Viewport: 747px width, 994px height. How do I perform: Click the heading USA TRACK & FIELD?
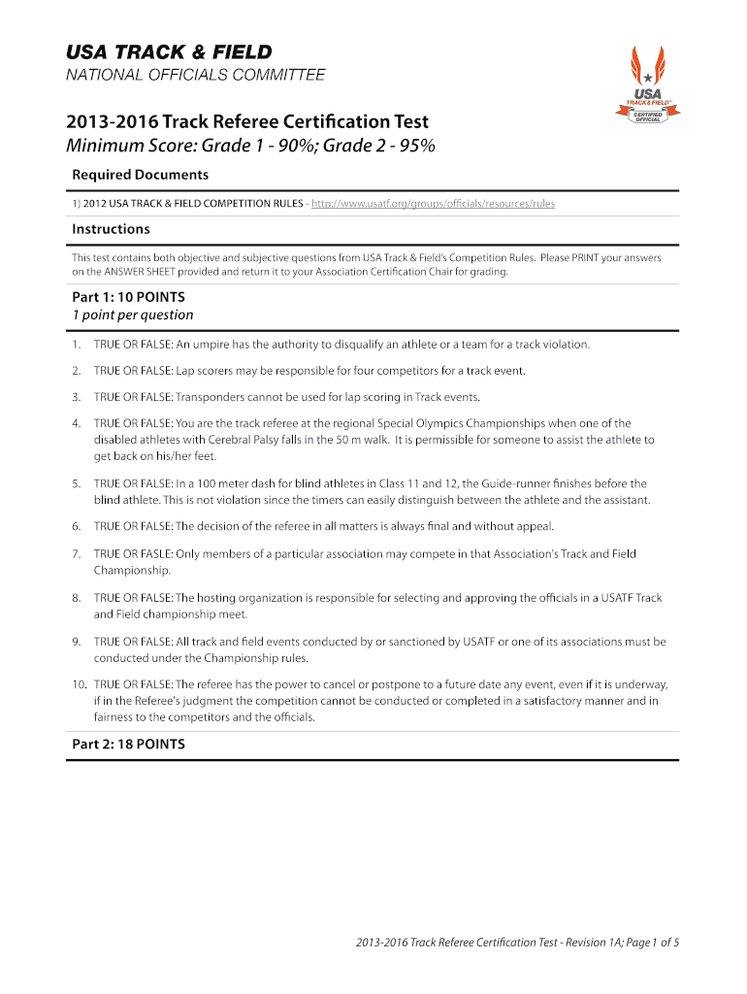(168, 52)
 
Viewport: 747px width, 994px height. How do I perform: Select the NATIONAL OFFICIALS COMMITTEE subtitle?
(195, 76)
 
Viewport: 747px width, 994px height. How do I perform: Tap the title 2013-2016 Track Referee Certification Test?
(246, 123)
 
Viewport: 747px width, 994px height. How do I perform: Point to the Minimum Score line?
(249, 147)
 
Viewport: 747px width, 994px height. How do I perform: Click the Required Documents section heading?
(140, 175)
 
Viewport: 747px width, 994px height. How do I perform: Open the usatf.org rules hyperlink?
(433, 204)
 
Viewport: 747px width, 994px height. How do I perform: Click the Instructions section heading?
(111, 229)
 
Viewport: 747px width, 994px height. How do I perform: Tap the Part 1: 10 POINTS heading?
(128, 297)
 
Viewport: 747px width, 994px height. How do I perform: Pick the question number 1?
(76, 344)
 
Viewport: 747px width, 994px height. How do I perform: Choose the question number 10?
(78, 684)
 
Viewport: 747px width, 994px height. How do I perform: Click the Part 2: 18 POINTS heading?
(128, 745)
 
